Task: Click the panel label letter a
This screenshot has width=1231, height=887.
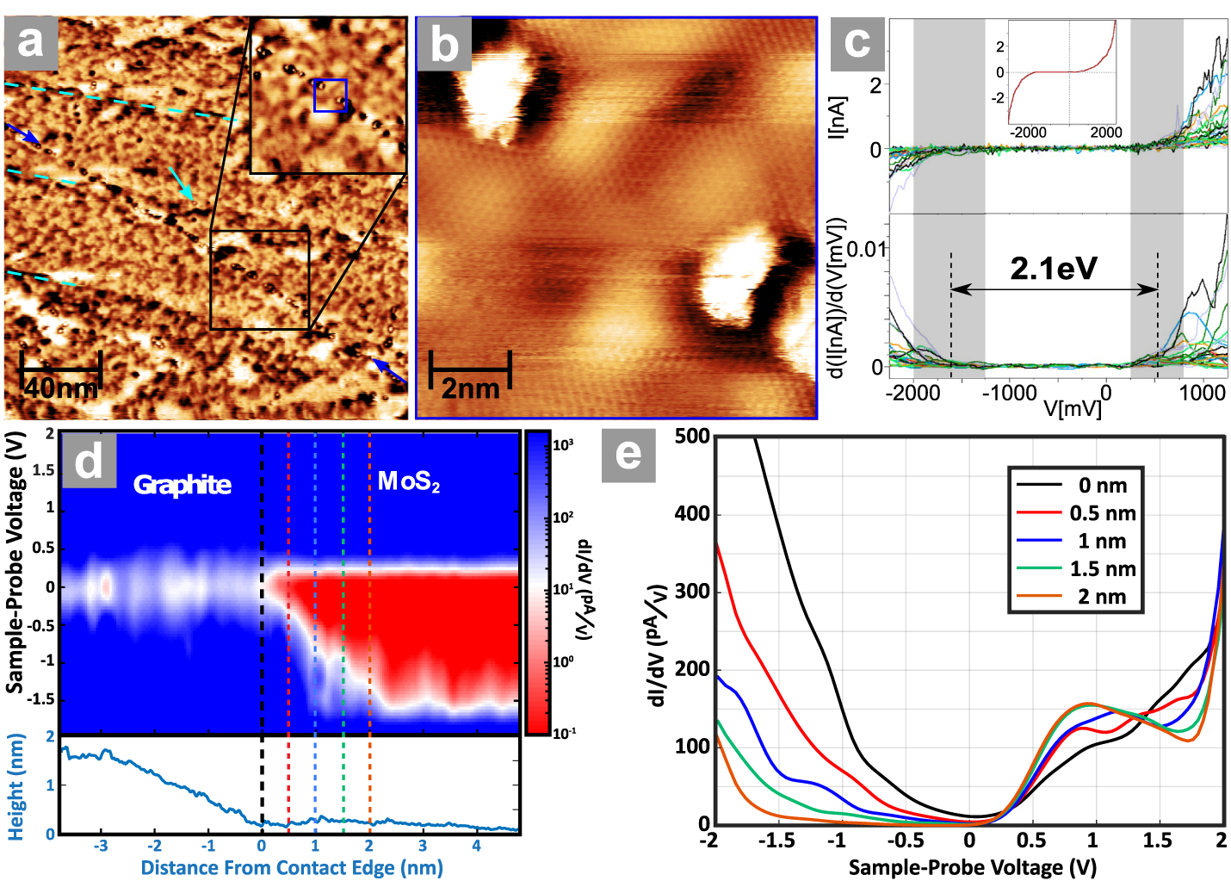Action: click(x=31, y=42)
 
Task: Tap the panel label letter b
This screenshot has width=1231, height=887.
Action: click(x=443, y=44)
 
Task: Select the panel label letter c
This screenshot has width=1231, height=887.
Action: click(x=857, y=42)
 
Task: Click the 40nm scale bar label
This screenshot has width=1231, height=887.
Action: click(x=60, y=388)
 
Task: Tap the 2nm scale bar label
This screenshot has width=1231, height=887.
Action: click(x=470, y=388)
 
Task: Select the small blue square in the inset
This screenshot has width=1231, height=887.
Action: click(x=330, y=95)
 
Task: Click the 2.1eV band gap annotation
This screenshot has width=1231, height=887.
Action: click(x=1054, y=269)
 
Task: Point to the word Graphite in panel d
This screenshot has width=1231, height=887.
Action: click(x=182, y=485)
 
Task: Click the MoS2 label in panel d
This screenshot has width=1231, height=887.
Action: click(x=409, y=481)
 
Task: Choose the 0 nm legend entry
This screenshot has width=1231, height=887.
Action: click(x=1102, y=486)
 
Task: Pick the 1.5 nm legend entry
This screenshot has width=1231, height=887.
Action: click(x=1102, y=569)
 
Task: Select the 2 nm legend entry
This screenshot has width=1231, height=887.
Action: click(x=1102, y=597)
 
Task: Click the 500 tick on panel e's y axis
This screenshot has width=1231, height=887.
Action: click(x=692, y=437)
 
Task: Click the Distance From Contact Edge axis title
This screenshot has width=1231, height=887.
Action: click(x=292, y=867)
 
